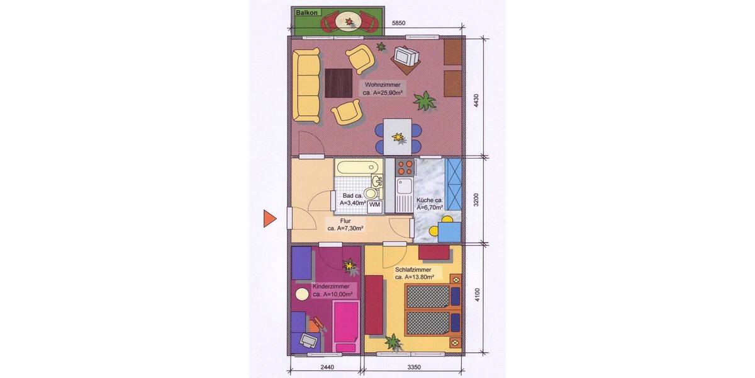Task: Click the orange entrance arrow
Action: click(x=269, y=219)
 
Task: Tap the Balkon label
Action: click(x=306, y=12)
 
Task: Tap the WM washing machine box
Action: click(x=374, y=205)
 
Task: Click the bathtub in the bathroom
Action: click(x=357, y=168)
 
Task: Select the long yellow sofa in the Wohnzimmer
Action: click(x=308, y=86)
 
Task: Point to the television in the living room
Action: click(x=405, y=57)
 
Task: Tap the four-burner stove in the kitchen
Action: click(x=404, y=168)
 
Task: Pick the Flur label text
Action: click(x=345, y=221)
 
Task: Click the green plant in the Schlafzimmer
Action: click(x=393, y=342)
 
